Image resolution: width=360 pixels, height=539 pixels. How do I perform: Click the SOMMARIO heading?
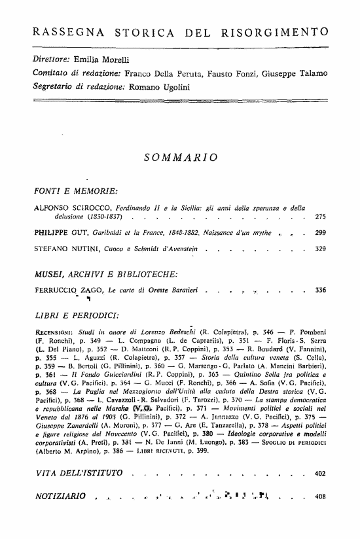[x=180, y=157]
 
